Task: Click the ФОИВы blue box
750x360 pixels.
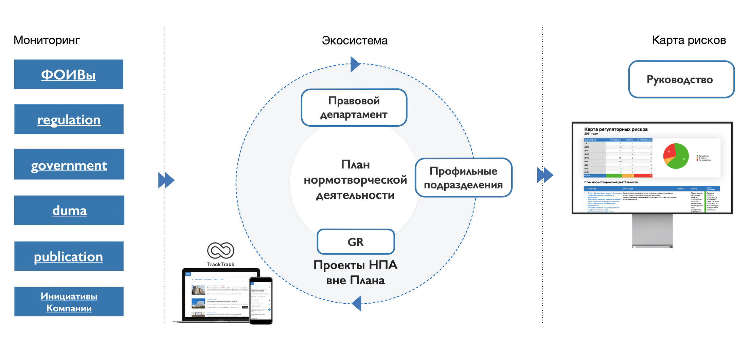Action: pos(68,74)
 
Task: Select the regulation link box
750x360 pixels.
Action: pos(69,119)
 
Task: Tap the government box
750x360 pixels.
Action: pos(69,164)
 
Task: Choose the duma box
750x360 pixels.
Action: pos(69,210)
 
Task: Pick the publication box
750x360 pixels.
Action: pos(69,256)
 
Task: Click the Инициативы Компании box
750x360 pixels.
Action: pos(69,302)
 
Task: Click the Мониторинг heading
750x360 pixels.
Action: pos(47,40)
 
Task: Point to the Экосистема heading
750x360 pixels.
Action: pos(354,40)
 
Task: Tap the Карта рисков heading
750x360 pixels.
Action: pos(689,40)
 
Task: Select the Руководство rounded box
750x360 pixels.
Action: pos(681,79)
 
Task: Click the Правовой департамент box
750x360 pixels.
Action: pos(354,108)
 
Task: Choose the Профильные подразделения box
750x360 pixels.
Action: pos(463,178)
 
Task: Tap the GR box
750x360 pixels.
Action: pos(356,242)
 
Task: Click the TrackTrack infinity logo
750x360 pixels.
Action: pos(220,251)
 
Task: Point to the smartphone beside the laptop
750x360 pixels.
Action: pos(261,301)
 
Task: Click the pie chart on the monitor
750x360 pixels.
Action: pos(676,156)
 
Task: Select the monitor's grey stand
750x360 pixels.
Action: pos(652,231)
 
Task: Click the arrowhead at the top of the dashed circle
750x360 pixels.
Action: pos(355,64)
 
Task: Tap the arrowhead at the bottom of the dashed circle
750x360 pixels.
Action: pos(357,303)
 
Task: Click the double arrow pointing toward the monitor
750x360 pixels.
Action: pos(545,175)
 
